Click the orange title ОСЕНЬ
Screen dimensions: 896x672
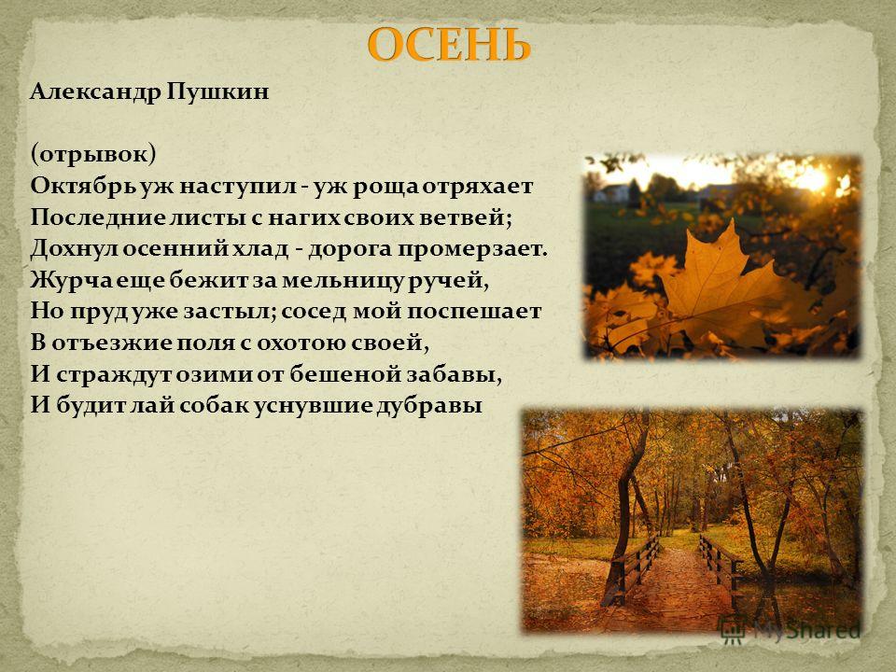point(449,45)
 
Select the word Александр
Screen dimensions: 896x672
point(96,91)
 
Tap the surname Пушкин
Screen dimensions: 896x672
point(217,91)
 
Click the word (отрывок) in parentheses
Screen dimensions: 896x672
point(93,154)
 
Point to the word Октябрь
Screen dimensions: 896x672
point(85,186)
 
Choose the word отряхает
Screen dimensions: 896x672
point(478,187)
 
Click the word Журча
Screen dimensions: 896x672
point(65,281)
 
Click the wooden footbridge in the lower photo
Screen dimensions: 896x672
point(674,577)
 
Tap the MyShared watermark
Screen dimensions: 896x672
point(791,631)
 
